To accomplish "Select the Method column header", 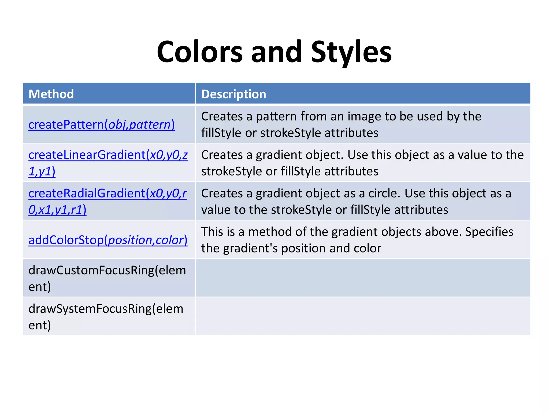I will pos(51,94).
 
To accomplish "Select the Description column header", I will pos(233,94).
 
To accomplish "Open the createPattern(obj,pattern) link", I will pos(102,124).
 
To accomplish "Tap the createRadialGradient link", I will pos(107,193).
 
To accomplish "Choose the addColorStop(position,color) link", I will pos(108,240).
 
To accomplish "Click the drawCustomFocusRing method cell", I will pos(107,278).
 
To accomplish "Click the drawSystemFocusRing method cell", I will pos(106,317).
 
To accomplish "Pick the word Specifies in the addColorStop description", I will pos(489,232).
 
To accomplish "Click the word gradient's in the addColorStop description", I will pos(250,248).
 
